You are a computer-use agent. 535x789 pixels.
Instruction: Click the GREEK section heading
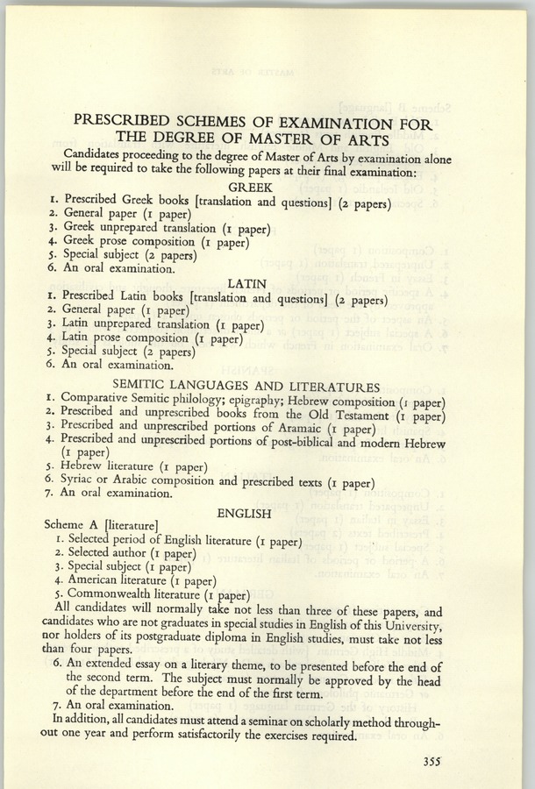click(251, 188)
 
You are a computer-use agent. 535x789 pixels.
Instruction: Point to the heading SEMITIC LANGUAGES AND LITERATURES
click(246, 387)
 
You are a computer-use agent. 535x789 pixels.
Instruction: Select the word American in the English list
click(96, 579)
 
